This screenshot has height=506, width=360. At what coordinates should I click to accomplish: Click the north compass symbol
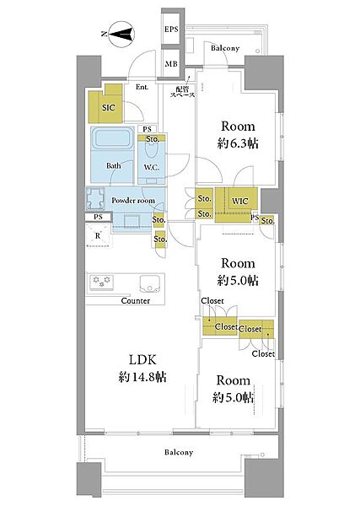[x=121, y=35]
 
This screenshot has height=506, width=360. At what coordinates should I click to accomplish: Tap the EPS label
[x=171, y=29]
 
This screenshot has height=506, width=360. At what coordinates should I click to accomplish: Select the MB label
[x=171, y=64]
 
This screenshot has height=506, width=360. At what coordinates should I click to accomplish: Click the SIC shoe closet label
[x=109, y=107]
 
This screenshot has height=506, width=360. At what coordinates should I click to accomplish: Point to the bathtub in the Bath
[x=113, y=138]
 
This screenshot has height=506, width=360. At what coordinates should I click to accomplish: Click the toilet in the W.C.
[x=151, y=149]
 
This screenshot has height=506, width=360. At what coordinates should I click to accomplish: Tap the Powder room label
[x=133, y=201]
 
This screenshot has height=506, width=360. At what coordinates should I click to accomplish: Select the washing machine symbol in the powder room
[x=95, y=198]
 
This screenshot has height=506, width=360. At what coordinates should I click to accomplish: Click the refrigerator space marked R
[x=99, y=235]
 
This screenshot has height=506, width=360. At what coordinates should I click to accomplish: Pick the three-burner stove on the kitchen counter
[x=102, y=282]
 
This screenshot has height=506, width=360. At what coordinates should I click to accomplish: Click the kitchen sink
[x=149, y=283]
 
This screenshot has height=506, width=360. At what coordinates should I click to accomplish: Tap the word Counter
[x=136, y=301]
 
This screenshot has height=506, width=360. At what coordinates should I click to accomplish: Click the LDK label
[x=142, y=359]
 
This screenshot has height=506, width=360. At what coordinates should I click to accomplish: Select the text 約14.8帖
[x=142, y=377]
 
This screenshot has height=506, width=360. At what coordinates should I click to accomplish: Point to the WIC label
[x=240, y=202]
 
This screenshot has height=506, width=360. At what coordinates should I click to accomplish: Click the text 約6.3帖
[x=238, y=143]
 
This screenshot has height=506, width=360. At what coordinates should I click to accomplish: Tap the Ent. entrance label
[x=142, y=87]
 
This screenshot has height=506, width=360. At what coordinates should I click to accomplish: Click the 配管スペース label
[x=183, y=92]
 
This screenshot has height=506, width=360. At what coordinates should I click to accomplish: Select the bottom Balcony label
[x=179, y=452]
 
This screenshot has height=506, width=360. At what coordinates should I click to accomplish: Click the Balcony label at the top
[x=225, y=48]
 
